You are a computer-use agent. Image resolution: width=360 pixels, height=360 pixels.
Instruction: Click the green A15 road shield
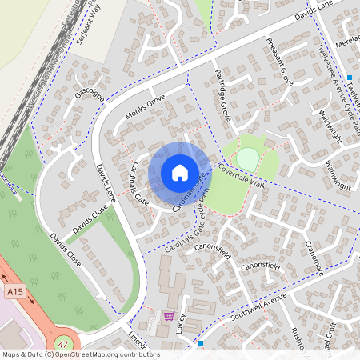(x=14, y=293)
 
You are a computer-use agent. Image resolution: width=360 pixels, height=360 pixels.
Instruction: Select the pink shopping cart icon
(x=168, y=315)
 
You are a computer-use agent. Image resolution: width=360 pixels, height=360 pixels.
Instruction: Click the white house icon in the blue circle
(x=179, y=172)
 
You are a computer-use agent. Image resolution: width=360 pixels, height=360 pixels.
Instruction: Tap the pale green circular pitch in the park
(x=248, y=158)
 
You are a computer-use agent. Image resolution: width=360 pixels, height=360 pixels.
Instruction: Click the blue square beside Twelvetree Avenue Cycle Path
(x=350, y=78)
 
